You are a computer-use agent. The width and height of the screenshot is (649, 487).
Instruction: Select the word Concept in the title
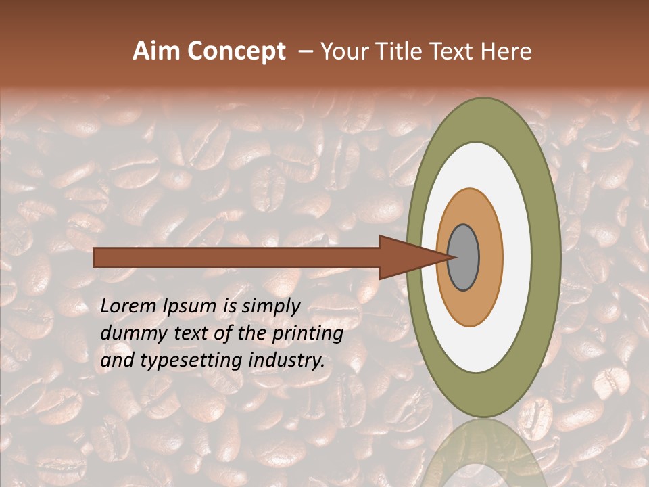coord(236,51)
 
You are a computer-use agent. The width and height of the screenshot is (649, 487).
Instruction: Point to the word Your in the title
coord(342,51)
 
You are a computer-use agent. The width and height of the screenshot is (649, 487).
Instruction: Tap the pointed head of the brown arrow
coord(412,257)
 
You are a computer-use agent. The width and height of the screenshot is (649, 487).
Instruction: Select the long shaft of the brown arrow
coord(237,257)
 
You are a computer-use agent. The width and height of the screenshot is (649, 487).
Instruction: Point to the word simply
coord(270,307)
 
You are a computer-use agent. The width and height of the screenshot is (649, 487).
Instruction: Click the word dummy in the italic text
coord(130,334)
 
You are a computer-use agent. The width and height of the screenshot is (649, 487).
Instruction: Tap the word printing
coord(307,334)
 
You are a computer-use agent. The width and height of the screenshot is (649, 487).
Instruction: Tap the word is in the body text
coord(226,306)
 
